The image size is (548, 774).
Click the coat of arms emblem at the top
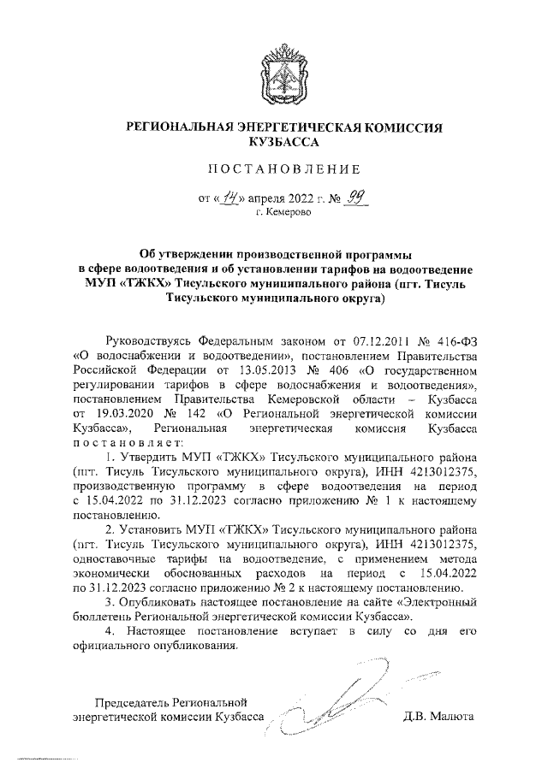point(273,78)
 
